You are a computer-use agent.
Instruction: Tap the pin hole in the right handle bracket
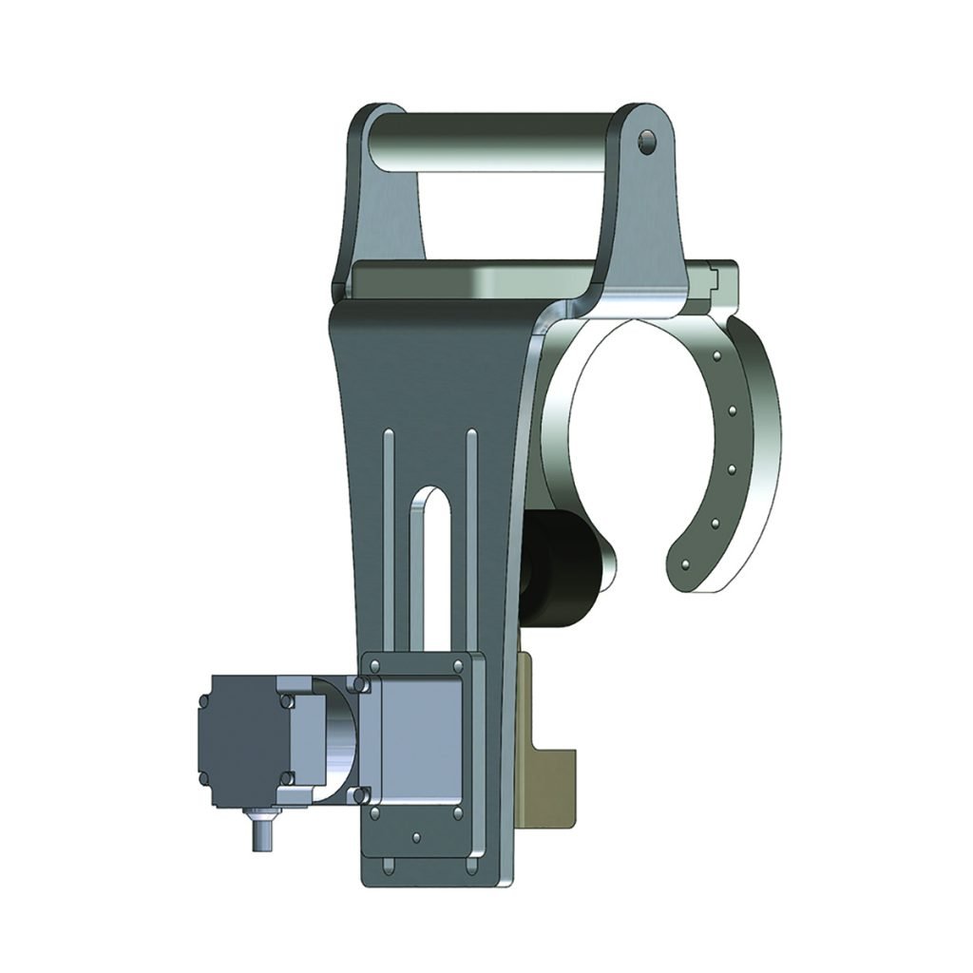pyautogui.click(x=649, y=143)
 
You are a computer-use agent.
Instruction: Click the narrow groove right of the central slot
pyautogui.click(x=471, y=532)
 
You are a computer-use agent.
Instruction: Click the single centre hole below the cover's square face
pyautogui.click(x=417, y=838)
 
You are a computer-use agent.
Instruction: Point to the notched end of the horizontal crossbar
pyautogui.click(x=724, y=278)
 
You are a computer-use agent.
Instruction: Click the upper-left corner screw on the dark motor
pyautogui.click(x=201, y=699)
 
